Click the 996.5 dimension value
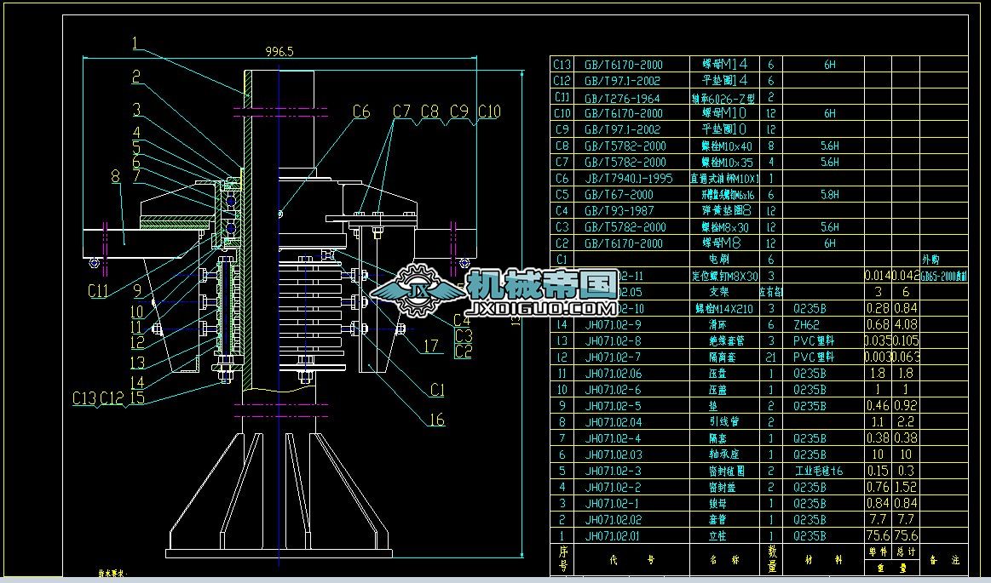click(279, 51)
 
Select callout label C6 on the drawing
click(360, 111)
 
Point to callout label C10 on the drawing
click(489, 111)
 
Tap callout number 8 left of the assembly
click(115, 177)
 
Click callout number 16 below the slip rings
click(435, 420)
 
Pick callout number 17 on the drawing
click(431, 346)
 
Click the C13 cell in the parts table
click(562, 64)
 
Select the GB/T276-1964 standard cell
click(623, 97)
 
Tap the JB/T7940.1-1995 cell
click(628, 179)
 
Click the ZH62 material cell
click(805, 324)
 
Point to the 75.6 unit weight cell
click(878, 536)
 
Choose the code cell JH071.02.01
click(614, 536)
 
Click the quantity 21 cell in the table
click(770, 357)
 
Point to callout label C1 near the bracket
click(437, 390)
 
